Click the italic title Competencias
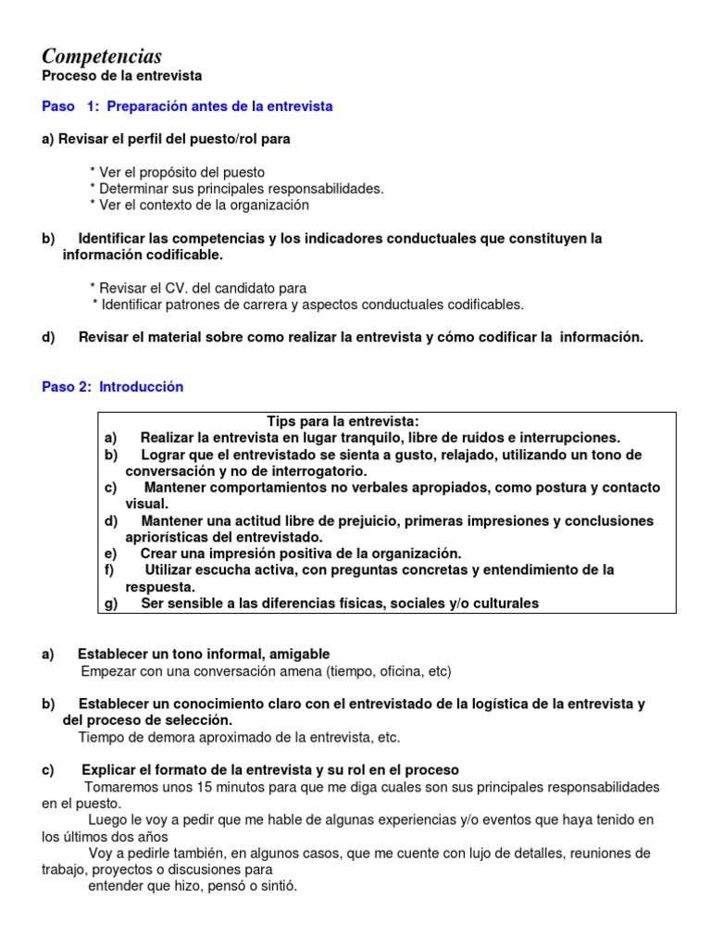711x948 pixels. (x=102, y=56)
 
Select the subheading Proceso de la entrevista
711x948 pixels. (x=121, y=75)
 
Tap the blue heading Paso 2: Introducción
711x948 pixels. (x=113, y=387)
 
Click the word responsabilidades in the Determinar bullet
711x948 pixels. (x=323, y=189)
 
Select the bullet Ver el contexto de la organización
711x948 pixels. (x=199, y=205)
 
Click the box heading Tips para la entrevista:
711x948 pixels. (x=343, y=421)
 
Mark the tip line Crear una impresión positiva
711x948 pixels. (x=301, y=554)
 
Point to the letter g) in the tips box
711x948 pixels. (x=111, y=604)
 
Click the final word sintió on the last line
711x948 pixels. (x=275, y=886)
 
